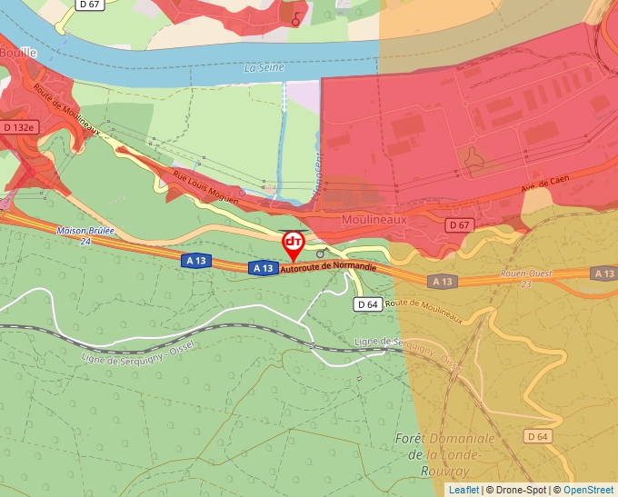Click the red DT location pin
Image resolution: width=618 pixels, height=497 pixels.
pyautogui.click(x=294, y=243)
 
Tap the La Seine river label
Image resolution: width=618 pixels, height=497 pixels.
pyautogui.click(x=264, y=68)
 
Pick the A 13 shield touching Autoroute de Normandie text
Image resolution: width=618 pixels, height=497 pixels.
pyautogui.click(x=263, y=268)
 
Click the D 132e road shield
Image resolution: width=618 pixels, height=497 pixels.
pyautogui.click(x=18, y=128)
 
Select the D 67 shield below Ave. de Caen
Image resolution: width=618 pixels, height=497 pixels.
pyautogui.click(x=459, y=224)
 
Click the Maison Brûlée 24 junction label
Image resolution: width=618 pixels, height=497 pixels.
pyautogui.click(x=85, y=235)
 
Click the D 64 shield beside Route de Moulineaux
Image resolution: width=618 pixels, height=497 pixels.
pyautogui.click(x=367, y=304)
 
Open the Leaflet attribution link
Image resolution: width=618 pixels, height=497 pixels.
pyautogui.click(x=463, y=490)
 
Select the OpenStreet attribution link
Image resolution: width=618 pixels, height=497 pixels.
pyautogui.click(x=588, y=490)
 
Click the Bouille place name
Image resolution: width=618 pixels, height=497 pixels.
pyautogui.click(x=17, y=53)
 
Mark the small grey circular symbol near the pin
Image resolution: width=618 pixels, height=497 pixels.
pyautogui.click(x=320, y=254)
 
